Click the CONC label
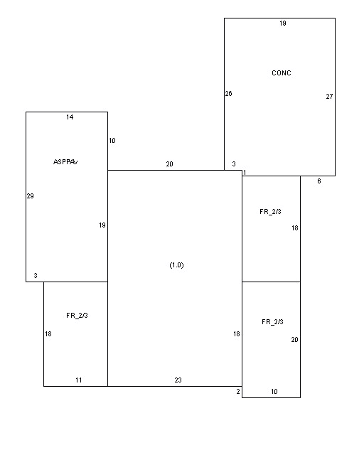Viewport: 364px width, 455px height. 282,73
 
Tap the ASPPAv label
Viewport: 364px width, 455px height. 65,162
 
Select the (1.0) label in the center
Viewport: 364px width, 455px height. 176,265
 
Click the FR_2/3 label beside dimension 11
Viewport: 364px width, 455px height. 77,316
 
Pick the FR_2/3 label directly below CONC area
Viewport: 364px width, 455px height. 270,212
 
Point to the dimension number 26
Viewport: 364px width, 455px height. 228,93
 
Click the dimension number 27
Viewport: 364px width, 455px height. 329,97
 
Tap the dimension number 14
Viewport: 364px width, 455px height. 70,117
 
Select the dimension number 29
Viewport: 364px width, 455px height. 30,196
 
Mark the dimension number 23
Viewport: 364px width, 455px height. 178,380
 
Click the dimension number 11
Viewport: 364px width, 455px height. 79,380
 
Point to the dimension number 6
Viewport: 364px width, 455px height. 319,181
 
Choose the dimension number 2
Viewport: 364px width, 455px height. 238,392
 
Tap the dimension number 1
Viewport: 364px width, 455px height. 245,173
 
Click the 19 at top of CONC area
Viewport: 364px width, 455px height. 283,23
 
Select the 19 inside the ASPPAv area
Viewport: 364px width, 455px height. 102,225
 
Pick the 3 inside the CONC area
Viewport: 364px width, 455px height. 234,164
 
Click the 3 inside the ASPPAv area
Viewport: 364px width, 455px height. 36,275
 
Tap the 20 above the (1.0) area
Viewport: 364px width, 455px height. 169,164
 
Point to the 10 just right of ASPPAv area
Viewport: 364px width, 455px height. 112,141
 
